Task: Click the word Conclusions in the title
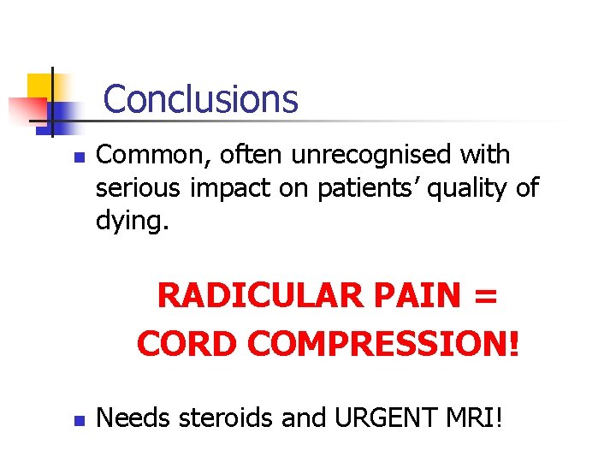[200, 98]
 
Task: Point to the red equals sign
[485, 298]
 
